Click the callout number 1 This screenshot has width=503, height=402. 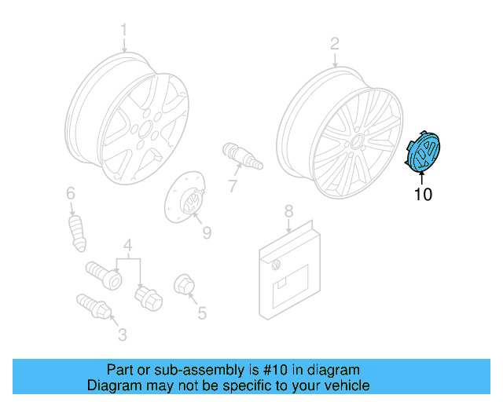(123, 31)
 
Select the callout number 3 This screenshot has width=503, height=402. (122, 335)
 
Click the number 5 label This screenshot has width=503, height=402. (202, 313)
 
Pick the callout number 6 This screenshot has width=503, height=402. (70, 193)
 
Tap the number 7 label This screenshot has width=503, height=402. (233, 186)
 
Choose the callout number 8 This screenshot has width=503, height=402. (288, 210)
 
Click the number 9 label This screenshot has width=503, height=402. (207, 232)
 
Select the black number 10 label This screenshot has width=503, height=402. (423, 194)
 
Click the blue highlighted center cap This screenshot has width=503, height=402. (425, 153)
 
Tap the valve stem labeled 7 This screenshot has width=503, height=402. (242, 155)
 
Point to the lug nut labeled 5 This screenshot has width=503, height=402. (183, 285)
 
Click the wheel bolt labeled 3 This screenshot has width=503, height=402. (94, 305)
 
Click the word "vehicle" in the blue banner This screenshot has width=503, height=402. (342, 386)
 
